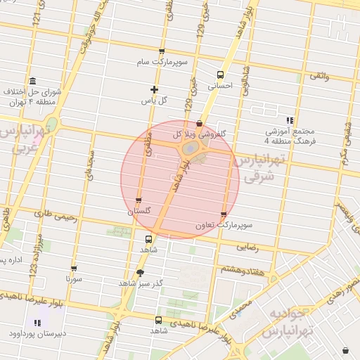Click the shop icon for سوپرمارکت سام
tap(162, 52)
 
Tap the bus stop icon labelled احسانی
tap(220, 75)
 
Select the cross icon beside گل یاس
tap(155, 89)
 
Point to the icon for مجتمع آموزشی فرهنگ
tap(290, 120)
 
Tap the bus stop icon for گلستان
tap(138, 200)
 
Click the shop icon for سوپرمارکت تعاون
tap(224, 214)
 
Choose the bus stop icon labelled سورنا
tap(74, 269)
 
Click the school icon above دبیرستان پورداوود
tap(37, 323)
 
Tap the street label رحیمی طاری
tap(50, 213)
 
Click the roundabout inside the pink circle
tap(190, 150)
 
